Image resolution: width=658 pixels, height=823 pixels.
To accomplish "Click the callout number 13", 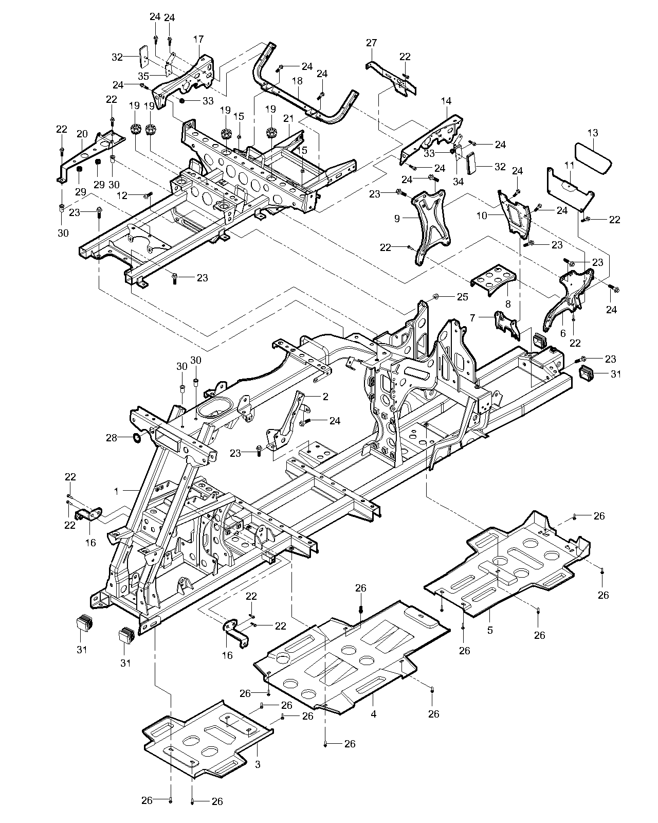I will (593, 133).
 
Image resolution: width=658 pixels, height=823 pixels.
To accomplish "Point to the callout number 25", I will (463, 297).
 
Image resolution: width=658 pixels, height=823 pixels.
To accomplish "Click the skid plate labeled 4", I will (350, 658).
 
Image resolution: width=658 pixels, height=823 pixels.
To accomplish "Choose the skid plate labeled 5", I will (509, 566).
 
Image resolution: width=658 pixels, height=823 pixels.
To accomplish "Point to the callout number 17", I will (199, 39).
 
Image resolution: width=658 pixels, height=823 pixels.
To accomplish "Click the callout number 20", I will (82, 134).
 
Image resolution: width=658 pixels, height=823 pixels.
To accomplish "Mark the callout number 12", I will (122, 195).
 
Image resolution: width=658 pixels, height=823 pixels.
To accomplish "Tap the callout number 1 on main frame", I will (116, 491).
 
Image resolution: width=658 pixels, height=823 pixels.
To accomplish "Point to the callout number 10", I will (482, 216).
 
